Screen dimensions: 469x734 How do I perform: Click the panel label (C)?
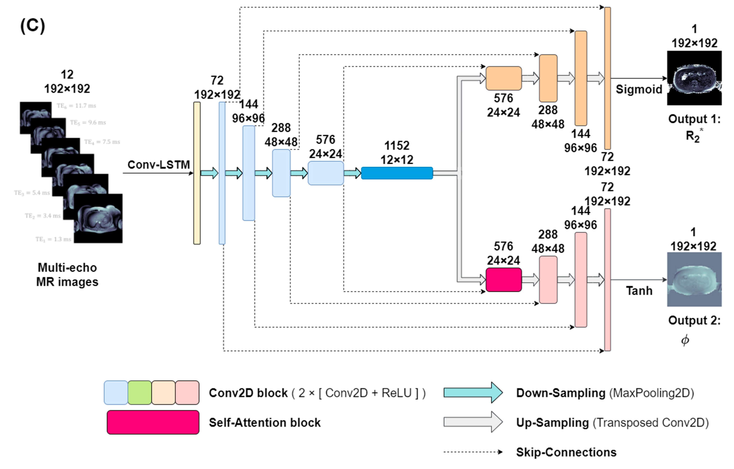(x=33, y=26)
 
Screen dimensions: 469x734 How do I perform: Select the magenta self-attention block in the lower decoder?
(x=504, y=280)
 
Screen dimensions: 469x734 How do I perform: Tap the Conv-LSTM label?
(x=159, y=165)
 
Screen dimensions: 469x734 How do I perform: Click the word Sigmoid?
(x=639, y=89)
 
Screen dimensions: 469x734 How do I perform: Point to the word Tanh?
(x=639, y=291)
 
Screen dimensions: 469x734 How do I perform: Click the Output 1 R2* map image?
(x=694, y=78)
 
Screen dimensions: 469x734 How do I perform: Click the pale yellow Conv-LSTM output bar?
(x=197, y=173)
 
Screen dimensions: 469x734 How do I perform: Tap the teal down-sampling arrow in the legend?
(x=473, y=393)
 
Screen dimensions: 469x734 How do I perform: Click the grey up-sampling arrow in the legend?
(x=473, y=422)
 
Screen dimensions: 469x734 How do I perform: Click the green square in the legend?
(x=140, y=393)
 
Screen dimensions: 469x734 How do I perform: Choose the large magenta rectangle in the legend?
(x=153, y=422)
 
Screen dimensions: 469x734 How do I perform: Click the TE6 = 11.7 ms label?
(x=76, y=106)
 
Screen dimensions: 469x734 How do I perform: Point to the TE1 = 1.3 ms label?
(x=53, y=239)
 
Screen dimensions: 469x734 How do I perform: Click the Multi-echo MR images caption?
(x=67, y=275)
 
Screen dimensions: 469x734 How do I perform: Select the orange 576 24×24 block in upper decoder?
(x=504, y=78)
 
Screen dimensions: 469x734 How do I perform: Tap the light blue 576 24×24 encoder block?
(x=326, y=173)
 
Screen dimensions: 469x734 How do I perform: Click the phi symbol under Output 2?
(x=685, y=340)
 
